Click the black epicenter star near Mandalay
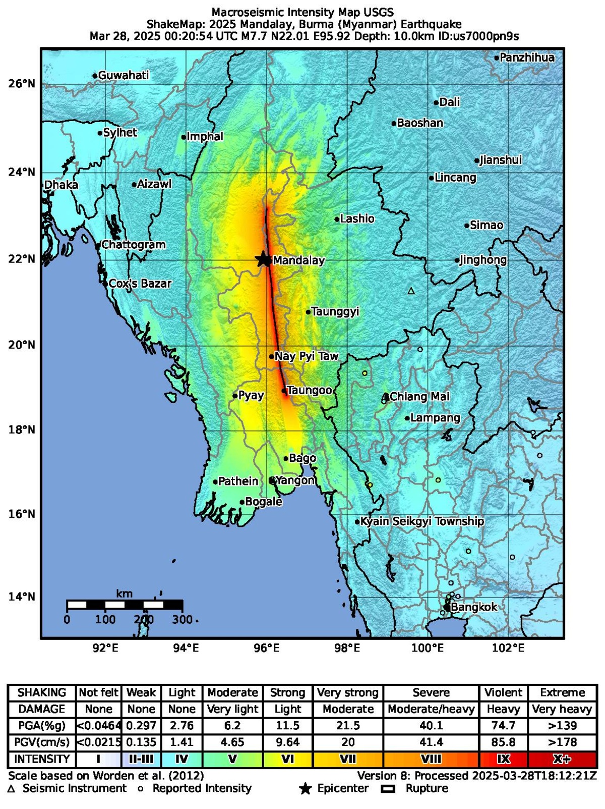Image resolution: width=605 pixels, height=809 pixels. (263, 259)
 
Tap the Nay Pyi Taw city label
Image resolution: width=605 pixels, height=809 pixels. (306, 356)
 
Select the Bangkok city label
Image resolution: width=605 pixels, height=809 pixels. (474, 607)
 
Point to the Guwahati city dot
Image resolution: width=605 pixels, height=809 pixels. (95, 76)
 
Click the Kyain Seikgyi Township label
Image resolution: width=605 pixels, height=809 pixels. (423, 521)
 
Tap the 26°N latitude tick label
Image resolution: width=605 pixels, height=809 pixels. (22, 84)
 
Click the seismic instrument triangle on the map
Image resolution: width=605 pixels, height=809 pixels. (411, 291)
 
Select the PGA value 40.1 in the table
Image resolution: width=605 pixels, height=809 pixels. (431, 726)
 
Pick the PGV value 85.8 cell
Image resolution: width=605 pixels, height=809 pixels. (503, 742)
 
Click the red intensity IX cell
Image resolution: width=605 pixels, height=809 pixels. (503, 760)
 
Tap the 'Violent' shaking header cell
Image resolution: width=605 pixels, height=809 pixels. (503, 692)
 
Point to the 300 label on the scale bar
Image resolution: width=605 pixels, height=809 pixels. (182, 620)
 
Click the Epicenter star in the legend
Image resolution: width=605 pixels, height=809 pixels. (305, 789)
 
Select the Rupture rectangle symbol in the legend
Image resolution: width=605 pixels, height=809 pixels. (388, 789)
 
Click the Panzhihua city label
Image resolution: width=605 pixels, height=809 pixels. (527, 58)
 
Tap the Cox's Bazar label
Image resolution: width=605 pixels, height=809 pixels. (140, 284)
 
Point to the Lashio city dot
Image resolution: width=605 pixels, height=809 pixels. (337, 220)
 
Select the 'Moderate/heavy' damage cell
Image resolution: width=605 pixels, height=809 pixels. (431, 709)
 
